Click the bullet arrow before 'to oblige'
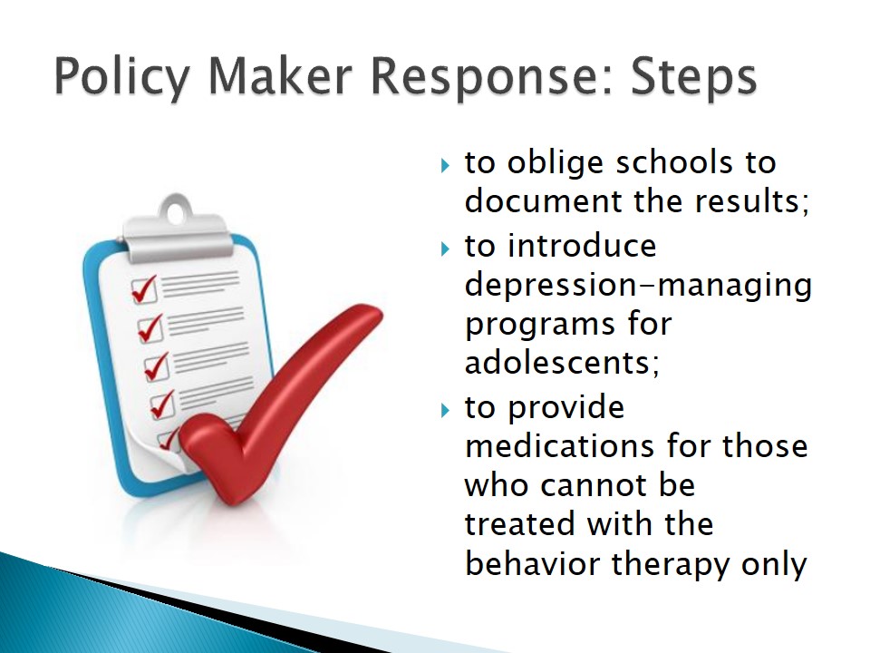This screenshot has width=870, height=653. pyautogui.click(x=445, y=165)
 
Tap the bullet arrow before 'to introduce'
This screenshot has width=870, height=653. pyautogui.click(x=445, y=249)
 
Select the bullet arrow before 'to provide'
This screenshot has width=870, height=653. pyautogui.click(x=445, y=410)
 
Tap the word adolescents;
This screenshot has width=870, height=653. pyautogui.click(x=562, y=363)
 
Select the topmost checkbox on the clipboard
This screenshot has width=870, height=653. pyautogui.click(x=144, y=290)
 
